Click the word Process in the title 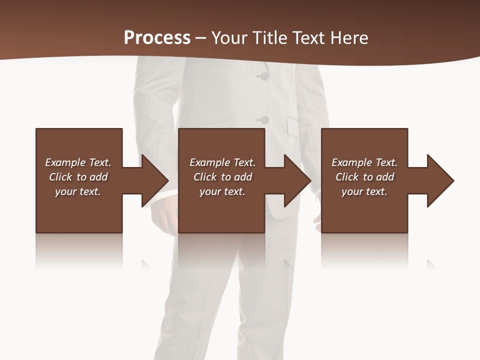[x=157, y=38]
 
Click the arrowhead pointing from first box [x=153, y=180]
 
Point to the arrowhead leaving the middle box [x=296, y=180]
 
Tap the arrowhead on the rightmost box [x=439, y=180]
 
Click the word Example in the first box [x=65, y=162]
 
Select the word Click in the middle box [x=205, y=177]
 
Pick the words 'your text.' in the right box [x=364, y=191]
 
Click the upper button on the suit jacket [x=263, y=76]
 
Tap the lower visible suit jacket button [x=264, y=120]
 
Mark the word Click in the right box [x=347, y=177]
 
